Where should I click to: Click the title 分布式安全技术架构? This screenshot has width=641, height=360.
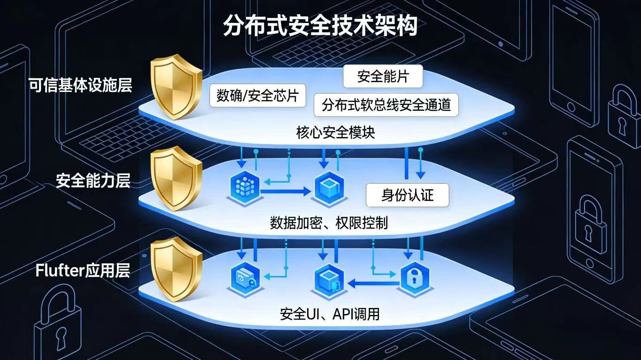[320, 26]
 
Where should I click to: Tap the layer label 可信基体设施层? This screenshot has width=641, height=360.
[80, 86]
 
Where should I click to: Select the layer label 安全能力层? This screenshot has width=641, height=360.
[93, 181]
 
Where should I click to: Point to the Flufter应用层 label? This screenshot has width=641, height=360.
[83, 271]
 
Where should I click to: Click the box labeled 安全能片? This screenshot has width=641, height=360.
[383, 77]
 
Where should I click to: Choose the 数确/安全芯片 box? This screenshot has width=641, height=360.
[257, 96]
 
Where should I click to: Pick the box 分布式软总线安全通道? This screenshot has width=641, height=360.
[386, 105]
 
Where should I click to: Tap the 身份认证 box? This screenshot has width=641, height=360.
[407, 196]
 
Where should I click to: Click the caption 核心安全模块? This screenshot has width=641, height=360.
[336, 133]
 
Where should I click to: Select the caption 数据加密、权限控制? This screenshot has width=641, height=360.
[329, 222]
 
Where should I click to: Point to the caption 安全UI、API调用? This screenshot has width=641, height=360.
[330, 314]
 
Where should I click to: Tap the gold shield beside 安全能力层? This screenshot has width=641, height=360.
[175, 179]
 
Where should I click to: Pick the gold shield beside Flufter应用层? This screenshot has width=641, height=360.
[175, 271]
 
